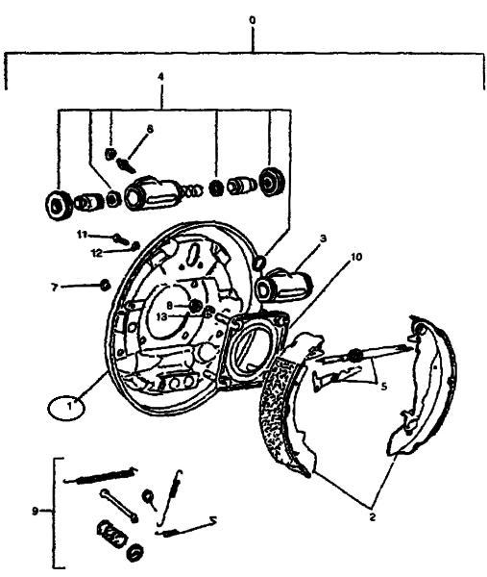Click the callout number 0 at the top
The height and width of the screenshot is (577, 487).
click(x=252, y=20)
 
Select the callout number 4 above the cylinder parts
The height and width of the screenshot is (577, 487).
click(x=160, y=77)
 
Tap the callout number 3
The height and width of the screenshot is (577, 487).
click(x=323, y=238)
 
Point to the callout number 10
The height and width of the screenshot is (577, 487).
click(x=356, y=257)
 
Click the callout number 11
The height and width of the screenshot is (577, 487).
click(x=82, y=234)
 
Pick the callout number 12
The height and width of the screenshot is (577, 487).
click(x=97, y=253)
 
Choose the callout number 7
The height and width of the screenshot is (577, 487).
click(x=55, y=287)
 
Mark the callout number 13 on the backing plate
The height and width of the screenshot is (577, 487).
click(x=161, y=316)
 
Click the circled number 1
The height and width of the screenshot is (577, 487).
click(x=66, y=408)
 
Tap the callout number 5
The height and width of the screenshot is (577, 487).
click(x=383, y=387)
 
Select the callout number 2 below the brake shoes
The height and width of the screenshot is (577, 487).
click(x=373, y=517)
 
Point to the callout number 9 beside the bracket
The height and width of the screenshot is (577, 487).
click(x=35, y=511)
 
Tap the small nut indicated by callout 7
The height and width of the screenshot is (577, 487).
click(x=105, y=285)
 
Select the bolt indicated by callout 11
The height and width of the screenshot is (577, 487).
click(x=121, y=239)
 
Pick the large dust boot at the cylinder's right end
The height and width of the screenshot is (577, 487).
click(x=273, y=181)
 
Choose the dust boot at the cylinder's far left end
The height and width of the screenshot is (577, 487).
click(x=59, y=207)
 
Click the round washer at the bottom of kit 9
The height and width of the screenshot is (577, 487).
click(x=135, y=552)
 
